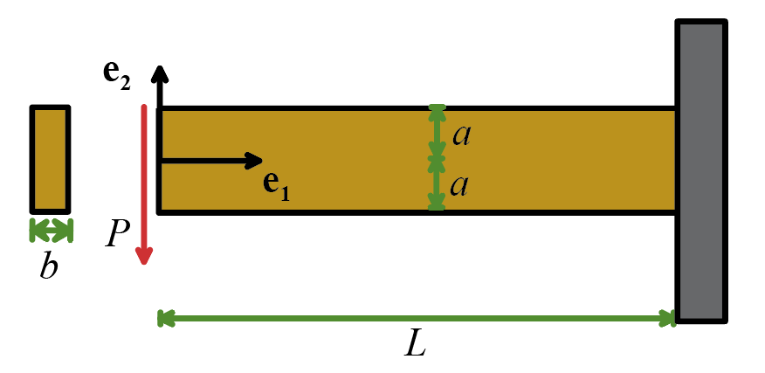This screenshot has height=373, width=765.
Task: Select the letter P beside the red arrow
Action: tap(119, 234)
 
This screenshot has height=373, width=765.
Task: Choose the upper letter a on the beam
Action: tap(462, 135)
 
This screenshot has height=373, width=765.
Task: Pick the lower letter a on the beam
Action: tap(462, 186)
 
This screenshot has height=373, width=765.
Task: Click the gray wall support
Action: tap(700, 170)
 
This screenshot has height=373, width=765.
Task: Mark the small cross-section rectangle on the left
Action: tap(50, 159)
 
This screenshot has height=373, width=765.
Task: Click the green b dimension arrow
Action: tap(51, 230)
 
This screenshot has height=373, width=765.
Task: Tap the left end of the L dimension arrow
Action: tap(163, 319)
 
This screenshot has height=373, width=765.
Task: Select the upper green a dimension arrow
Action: tap(436, 133)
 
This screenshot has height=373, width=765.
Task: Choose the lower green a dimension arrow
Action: tap(436, 185)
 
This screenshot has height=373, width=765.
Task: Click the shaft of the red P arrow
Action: tap(144, 175)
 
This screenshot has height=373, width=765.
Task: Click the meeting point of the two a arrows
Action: tap(436, 160)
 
